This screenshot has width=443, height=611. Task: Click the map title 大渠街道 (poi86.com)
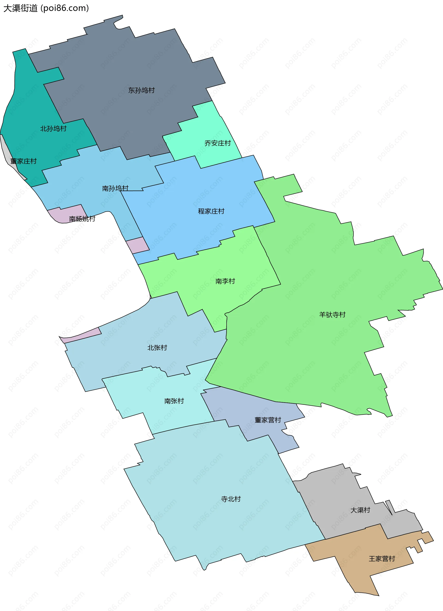coord(46,8)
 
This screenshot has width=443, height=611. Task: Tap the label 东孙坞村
coord(141,90)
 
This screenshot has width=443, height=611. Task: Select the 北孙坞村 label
coord(53,128)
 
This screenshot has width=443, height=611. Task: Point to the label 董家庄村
coord(24,161)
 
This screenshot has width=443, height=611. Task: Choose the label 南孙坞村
coord(115,188)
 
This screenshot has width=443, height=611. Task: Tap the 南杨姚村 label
coord(82,219)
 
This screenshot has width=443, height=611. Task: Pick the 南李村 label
coord(225,281)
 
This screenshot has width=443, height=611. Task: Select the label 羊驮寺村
coord(332,315)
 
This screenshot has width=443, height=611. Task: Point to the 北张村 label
coord(157,348)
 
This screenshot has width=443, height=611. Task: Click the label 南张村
coord(174,401)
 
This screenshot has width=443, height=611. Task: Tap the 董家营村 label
coord(268,420)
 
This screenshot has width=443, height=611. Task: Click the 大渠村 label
coord(360,510)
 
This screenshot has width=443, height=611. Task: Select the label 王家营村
coord(382,559)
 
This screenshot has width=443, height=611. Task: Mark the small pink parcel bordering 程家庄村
coord(138,245)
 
